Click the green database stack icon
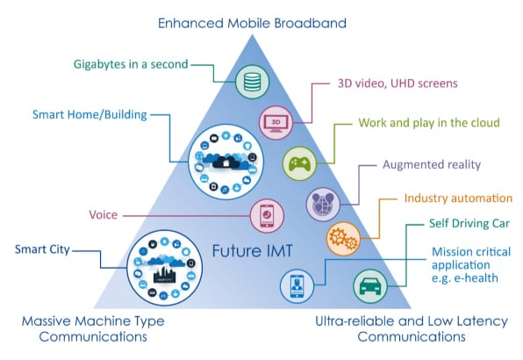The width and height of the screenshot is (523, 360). pos(252,82)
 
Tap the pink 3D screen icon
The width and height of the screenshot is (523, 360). pos(276,122)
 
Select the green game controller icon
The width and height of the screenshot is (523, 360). pos(299,163)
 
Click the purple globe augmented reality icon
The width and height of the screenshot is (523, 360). pos(323,205)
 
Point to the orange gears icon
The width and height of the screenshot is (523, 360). pos(343,239)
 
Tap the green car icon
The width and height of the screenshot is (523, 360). pos(370,286)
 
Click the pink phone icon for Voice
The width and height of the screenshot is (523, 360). pos(267,215)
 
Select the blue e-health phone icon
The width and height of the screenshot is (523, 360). pos(297,286)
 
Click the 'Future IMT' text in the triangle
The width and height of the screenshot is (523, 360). pos(252,251)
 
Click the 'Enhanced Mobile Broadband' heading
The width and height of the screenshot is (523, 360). pos(252,24)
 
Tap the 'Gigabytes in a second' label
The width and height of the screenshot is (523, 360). pos(131,64)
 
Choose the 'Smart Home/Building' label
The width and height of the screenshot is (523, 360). pos(90,115)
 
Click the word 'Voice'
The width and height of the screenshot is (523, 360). pos(103,215)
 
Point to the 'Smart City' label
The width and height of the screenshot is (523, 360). pos(42,249)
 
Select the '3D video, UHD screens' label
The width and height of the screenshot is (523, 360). pos(398,83)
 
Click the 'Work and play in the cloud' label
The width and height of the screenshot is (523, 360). pos(429,123)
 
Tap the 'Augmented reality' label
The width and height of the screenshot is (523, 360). pos(432,164)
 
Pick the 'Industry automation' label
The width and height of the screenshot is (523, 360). pos(458,198)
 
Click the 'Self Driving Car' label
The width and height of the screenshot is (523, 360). pos(469,223)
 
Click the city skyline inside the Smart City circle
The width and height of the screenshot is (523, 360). pos(164,274)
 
